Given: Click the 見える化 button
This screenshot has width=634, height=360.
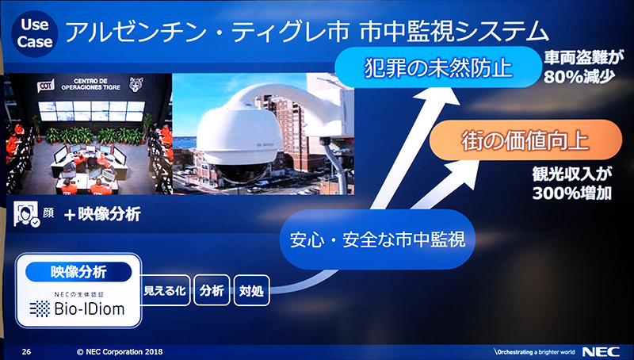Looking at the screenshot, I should tap(165, 291).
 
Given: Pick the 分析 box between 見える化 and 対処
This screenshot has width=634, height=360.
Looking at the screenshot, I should tap(212, 291).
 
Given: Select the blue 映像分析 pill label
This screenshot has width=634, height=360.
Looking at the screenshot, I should tap(79, 272).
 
